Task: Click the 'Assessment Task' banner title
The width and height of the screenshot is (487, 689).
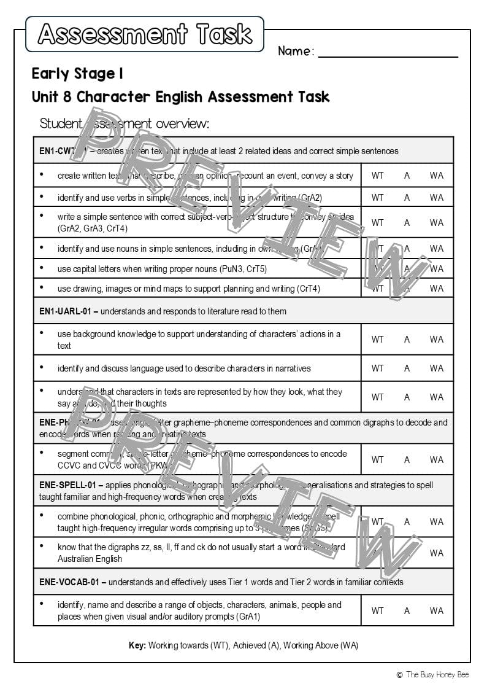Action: pos(145,34)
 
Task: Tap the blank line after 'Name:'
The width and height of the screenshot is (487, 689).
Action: pos(388,52)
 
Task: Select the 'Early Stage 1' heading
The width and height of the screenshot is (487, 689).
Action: pos(77,74)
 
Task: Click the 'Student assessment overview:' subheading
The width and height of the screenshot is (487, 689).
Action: pos(124,123)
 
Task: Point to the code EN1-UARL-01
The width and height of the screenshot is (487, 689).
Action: pos(64,311)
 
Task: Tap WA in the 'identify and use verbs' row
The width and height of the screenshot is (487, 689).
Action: pos(436,198)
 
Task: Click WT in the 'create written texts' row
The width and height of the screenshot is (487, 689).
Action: pos(377,176)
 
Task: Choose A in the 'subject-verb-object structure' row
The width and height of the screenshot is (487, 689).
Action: pos(407,223)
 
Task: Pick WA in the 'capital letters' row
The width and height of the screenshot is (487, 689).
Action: pos(436,268)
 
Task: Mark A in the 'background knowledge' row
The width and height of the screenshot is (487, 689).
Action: pos(407,340)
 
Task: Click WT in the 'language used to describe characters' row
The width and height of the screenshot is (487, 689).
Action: pos(377,368)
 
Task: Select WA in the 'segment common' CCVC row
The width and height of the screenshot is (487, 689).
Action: pos(436,460)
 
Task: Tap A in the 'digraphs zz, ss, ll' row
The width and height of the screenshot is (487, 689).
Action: pos(407,553)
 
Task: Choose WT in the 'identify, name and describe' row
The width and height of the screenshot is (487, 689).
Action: pos(377,611)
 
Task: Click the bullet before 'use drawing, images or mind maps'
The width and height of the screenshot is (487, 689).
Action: pos(42,287)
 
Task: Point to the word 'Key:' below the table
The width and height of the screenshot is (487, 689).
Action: pos(137,645)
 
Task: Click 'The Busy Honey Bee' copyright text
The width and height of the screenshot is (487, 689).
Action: pos(437,674)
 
